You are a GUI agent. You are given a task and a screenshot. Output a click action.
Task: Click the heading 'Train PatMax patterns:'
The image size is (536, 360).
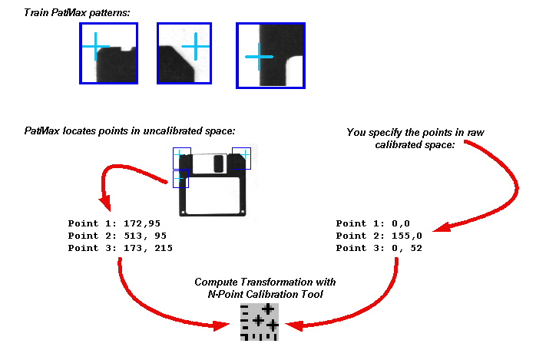[x=77, y=13]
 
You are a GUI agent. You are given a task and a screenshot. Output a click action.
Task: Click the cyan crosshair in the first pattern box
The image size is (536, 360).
[x=96, y=47]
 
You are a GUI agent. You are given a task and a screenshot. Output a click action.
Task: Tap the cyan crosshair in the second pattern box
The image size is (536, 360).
[x=196, y=47]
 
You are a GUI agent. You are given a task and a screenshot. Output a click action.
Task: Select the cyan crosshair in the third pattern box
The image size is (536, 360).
[x=259, y=57]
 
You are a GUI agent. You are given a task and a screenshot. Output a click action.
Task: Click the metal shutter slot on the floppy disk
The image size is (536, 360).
[x=218, y=163]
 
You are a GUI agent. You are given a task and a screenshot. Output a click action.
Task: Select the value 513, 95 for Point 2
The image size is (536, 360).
[x=145, y=236]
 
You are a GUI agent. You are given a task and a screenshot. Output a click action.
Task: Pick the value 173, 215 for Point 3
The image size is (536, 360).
[x=148, y=248]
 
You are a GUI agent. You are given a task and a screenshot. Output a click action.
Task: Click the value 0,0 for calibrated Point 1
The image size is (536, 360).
[x=401, y=223]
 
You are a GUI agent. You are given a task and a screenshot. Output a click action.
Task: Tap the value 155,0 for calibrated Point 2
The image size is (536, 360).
[x=407, y=236]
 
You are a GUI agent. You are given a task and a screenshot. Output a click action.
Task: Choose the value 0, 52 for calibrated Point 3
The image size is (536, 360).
[x=407, y=248]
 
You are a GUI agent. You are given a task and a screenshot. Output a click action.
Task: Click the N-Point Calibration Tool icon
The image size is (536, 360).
[x=260, y=322]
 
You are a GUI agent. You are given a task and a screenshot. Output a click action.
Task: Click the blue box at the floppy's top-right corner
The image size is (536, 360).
[x=241, y=158]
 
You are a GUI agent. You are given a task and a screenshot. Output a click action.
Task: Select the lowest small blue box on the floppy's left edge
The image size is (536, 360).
[x=180, y=180]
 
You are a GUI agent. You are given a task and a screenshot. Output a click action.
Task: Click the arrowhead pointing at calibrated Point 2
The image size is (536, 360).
[x=442, y=226]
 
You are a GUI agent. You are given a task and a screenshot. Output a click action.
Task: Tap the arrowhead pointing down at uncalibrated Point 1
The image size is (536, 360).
[x=105, y=204]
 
